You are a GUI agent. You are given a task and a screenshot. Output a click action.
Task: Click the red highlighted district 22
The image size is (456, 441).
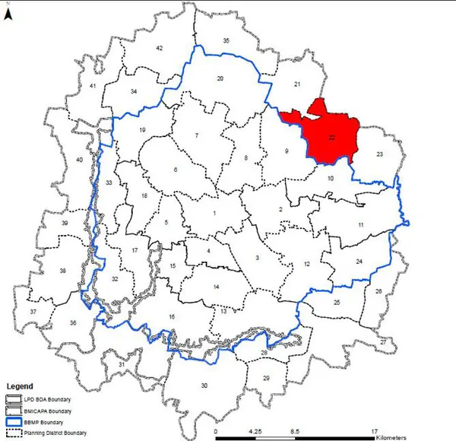(x=328, y=133)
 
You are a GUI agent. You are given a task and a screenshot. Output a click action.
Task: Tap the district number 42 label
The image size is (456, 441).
(x=160, y=48)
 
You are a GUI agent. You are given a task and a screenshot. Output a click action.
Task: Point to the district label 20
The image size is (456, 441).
(x=220, y=78)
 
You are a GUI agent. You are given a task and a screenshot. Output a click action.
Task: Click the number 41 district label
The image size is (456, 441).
(x=93, y=87)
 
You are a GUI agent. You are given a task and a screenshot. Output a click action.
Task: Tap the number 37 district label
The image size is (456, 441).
(x=33, y=312)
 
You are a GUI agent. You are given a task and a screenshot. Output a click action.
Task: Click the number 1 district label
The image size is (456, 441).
(x=215, y=214)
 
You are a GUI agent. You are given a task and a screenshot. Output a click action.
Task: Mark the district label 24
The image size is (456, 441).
(x=359, y=262)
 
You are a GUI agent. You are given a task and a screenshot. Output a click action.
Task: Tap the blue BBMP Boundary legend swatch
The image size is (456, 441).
(x=14, y=420)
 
